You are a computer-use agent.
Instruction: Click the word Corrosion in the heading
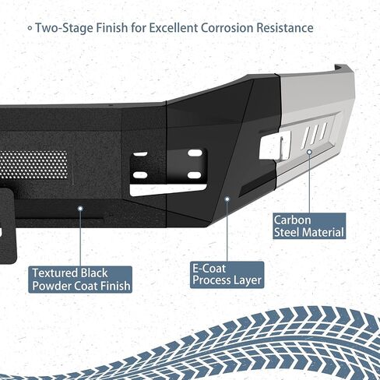click(227, 28)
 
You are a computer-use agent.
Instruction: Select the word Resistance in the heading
click(285, 28)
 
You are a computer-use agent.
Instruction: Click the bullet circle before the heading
click(30, 28)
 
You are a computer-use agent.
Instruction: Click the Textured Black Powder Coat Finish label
click(80, 280)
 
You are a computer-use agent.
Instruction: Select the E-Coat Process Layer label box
click(227, 275)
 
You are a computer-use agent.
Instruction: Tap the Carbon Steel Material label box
click(309, 226)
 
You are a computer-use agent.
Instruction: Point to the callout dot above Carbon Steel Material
click(309, 152)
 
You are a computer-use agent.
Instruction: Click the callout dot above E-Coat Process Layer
click(227, 199)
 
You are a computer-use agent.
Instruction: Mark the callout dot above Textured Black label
click(80, 208)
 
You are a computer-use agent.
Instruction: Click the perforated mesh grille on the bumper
click(33, 164)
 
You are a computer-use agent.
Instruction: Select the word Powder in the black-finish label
click(52, 286)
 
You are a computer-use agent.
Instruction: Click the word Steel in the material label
click(286, 232)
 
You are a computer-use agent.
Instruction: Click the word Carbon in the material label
click(293, 220)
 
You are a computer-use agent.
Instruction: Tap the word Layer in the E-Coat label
click(248, 281)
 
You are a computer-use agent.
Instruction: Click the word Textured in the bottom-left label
click(55, 273)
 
